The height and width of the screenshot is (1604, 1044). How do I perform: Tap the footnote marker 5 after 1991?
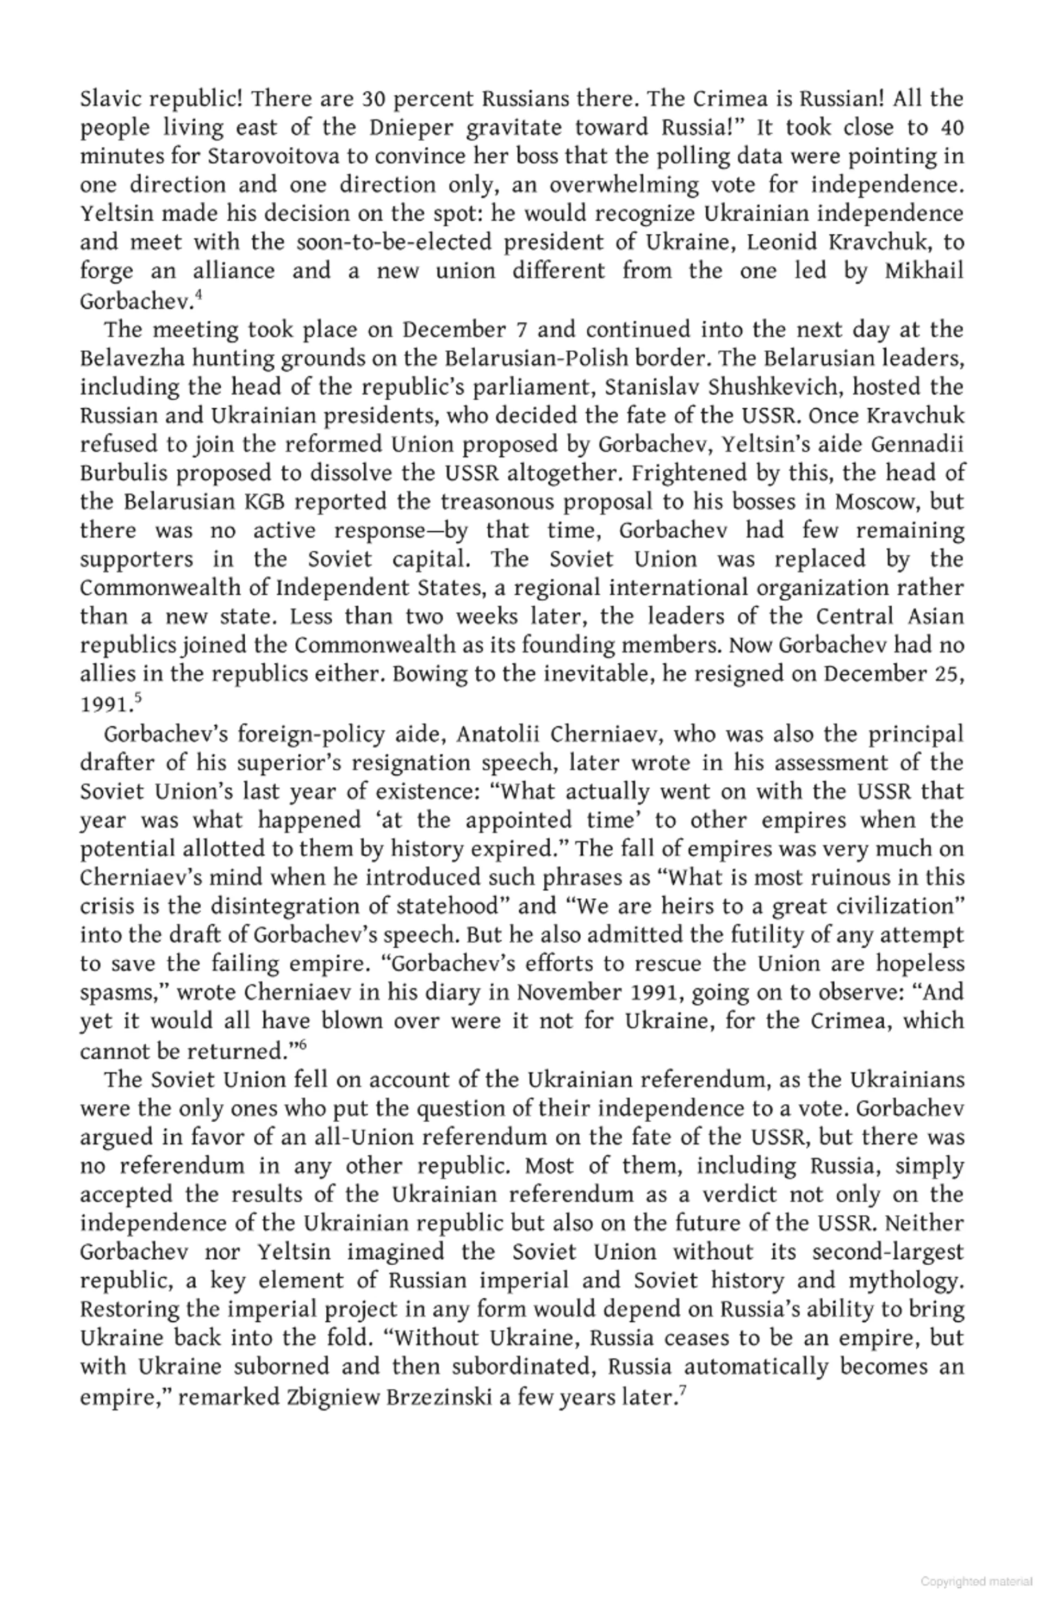pos(138,698)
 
